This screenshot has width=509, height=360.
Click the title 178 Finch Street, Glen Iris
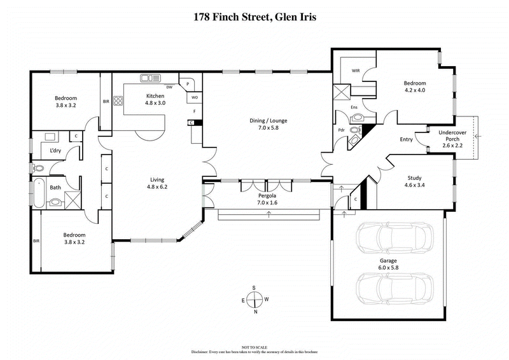point(254,17)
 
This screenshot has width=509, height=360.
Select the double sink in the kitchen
point(150,79)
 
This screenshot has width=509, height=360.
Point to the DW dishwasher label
point(170,87)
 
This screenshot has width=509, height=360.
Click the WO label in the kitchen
point(195,97)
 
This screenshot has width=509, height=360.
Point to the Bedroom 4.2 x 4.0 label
point(415,87)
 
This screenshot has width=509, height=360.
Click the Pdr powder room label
point(341,130)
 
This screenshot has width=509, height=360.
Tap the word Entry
point(405,140)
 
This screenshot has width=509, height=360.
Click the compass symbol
point(254,299)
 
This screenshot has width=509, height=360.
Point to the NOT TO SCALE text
point(254,345)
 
